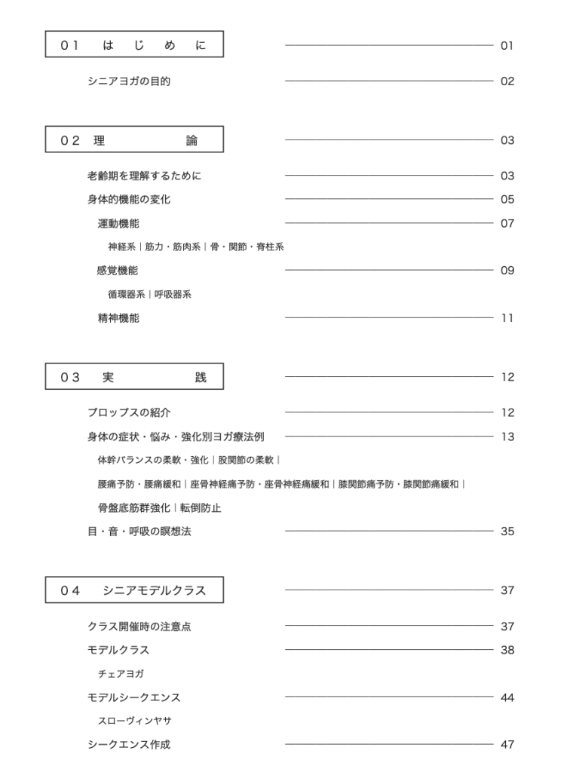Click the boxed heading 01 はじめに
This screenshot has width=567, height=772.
pos(134,45)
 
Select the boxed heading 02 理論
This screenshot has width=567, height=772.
pos(134,140)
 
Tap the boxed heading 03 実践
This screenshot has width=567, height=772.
pos(134,377)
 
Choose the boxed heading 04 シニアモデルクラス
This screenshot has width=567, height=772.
pos(134,590)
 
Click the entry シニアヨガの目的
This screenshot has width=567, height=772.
pos(129,81)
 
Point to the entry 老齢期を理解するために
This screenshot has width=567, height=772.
pos(145,176)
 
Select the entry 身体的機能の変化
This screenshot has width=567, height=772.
pos(134,200)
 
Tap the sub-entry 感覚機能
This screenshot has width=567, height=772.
pos(118,271)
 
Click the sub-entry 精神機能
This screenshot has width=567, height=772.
pos(118,318)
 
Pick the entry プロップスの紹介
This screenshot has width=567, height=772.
pos(129,412)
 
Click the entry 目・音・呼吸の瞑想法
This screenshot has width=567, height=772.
pos(139,532)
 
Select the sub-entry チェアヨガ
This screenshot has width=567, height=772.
pos(121,673)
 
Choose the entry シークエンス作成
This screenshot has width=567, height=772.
pos(129,745)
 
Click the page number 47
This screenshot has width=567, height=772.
pos(507,745)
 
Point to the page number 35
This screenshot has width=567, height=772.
pos(507,532)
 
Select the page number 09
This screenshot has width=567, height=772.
pos(507,271)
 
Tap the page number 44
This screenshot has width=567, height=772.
pos(507,697)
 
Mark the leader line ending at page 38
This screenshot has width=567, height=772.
pos(388,650)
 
